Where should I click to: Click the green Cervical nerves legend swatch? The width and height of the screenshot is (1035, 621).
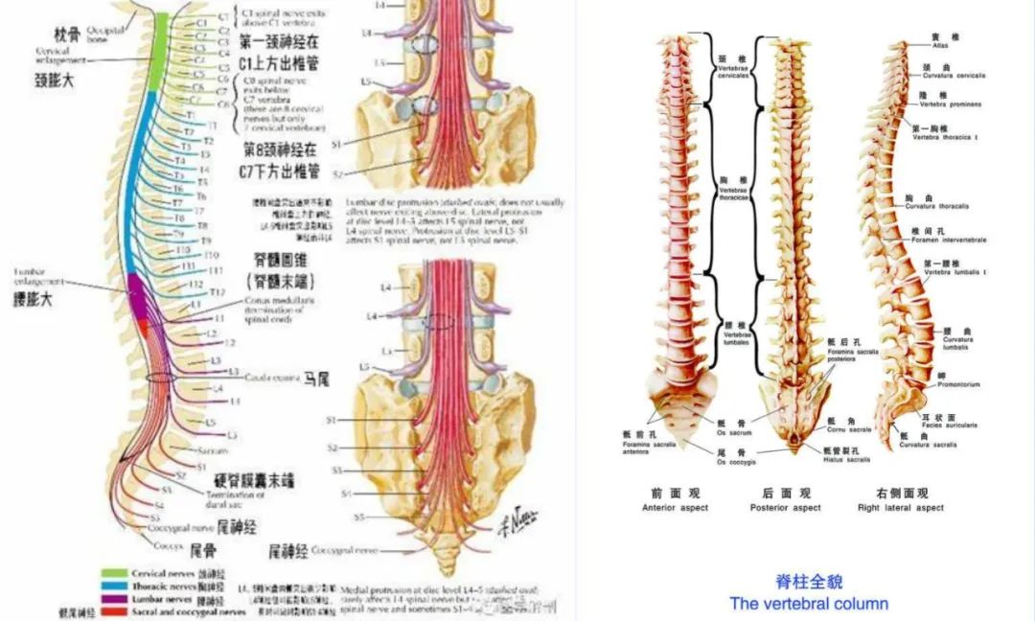point(122,574)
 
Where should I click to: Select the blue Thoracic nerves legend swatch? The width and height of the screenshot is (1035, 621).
point(122,586)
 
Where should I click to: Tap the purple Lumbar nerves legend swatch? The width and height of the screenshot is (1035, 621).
point(122,599)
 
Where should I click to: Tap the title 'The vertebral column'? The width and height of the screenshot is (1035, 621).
point(809,604)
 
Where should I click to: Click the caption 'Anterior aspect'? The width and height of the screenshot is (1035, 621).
point(676,507)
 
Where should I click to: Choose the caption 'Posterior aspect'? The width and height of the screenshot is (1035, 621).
point(785,507)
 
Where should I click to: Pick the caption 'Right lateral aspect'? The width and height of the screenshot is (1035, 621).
point(901,507)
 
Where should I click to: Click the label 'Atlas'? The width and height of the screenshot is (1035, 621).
point(939,44)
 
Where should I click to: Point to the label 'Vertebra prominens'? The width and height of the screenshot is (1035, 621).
point(946,103)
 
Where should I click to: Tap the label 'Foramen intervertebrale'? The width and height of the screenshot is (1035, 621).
point(949,239)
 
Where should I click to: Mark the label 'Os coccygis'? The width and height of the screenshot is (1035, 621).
point(733,460)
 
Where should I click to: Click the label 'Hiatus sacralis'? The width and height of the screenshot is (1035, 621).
point(846,459)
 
